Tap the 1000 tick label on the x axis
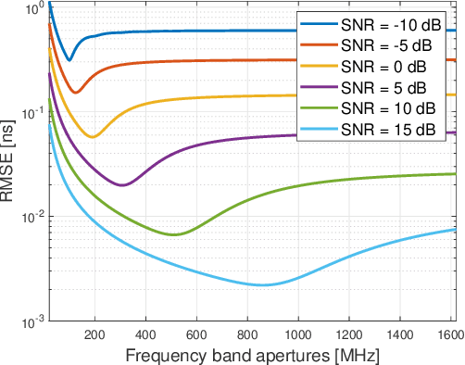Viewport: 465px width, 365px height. [297, 334]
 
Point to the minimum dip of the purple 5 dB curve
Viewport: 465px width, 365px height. [121, 184]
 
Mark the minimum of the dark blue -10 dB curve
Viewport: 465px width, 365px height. [69, 60]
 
